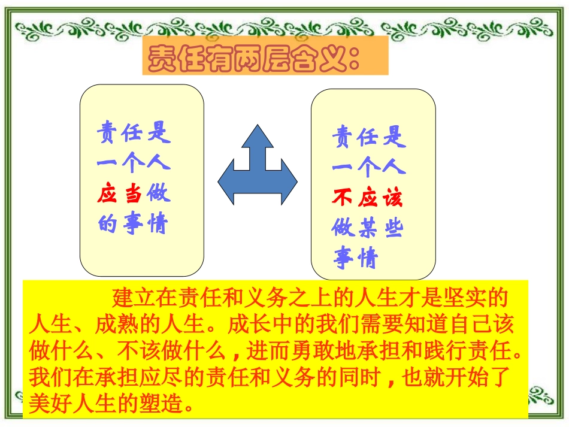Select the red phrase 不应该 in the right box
point(368,198)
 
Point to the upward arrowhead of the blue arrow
point(257,137)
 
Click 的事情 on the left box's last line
point(133,225)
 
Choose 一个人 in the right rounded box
point(368,167)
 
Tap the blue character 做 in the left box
point(159,194)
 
